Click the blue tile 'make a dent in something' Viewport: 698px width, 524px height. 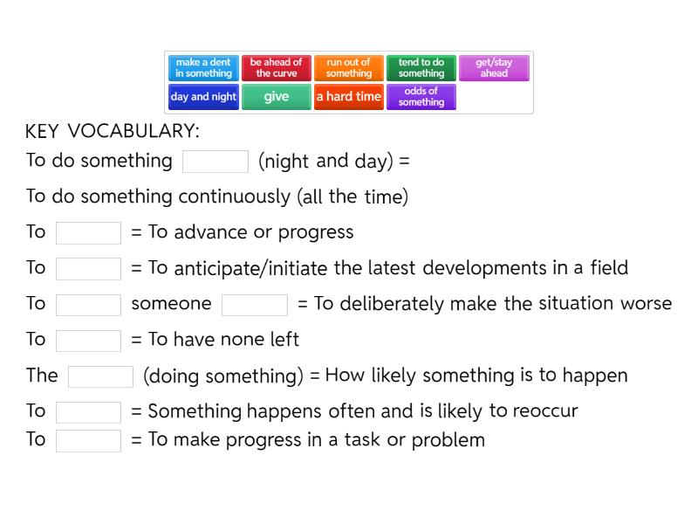pyautogui.click(x=203, y=68)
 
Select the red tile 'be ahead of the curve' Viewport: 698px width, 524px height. pyautogui.click(x=276, y=68)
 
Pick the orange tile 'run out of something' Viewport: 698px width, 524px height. pyautogui.click(x=348, y=68)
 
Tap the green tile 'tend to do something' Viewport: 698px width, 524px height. pyautogui.click(x=421, y=68)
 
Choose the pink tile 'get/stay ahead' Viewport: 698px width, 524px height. pyautogui.click(x=494, y=68)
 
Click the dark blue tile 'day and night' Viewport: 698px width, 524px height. pyautogui.click(x=203, y=97)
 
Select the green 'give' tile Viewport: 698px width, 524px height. pyautogui.click(x=276, y=97)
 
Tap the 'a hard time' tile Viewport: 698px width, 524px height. pyautogui.click(x=348, y=97)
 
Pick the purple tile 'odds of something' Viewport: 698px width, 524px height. pyautogui.click(x=421, y=97)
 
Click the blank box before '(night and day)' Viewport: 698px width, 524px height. pyautogui.click(x=216, y=162)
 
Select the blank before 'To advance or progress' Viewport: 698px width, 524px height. pyautogui.click(x=88, y=233)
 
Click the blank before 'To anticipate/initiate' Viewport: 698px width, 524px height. pyautogui.click(x=88, y=269)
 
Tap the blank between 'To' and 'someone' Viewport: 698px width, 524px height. pyautogui.click(x=88, y=305)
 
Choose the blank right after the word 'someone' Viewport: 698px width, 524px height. pyautogui.click(x=255, y=305)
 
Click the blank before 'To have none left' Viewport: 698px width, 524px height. pyautogui.click(x=88, y=341)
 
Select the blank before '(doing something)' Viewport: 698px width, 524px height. pyautogui.click(x=100, y=376)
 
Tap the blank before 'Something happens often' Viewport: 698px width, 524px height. pyautogui.click(x=88, y=412)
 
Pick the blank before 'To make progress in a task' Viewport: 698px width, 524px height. pyautogui.click(x=88, y=441)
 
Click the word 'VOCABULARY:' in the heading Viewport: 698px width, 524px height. pyautogui.click(x=133, y=132)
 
